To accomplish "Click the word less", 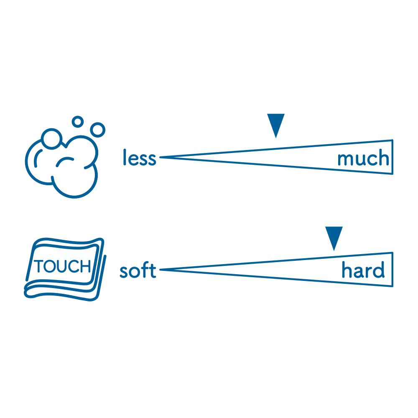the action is pyautogui.click(x=139, y=158).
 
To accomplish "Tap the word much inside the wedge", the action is pyautogui.click(x=363, y=159).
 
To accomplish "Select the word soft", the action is pyautogui.click(x=138, y=271).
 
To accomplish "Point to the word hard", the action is pyautogui.click(x=363, y=271).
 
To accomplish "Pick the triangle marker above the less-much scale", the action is pyautogui.click(x=276, y=125).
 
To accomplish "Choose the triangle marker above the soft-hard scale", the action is pyautogui.click(x=334, y=237).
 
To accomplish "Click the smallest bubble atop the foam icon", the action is pyautogui.click(x=77, y=122).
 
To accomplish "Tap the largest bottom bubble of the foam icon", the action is pyautogui.click(x=75, y=178).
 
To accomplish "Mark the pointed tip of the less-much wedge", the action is pyautogui.click(x=161, y=157).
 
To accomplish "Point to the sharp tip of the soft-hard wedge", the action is pyautogui.click(x=161, y=270).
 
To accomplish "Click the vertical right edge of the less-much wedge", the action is pyautogui.click(x=392, y=157).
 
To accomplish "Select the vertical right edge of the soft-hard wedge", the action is pyautogui.click(x=392, y=270).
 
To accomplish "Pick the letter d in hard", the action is pyautogui.click(x=378, y=271).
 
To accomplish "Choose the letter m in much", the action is pyautogui.click(x=345, y=160).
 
